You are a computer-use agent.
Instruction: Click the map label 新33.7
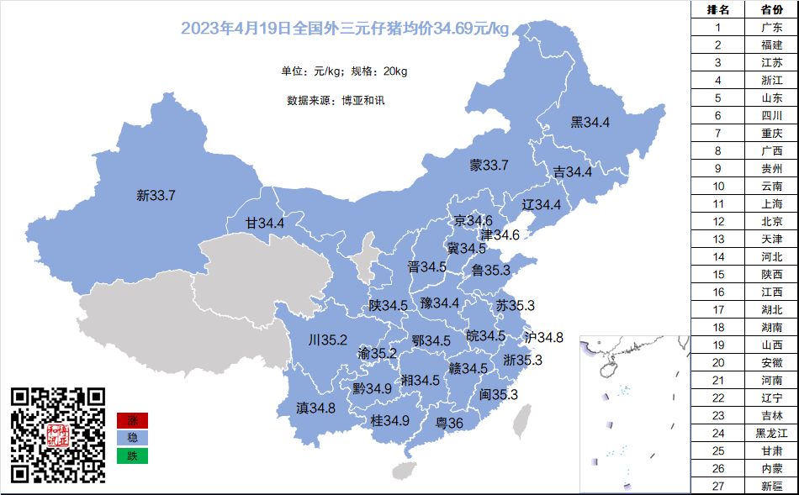[156, 196]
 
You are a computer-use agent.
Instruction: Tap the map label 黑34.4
[590, 123]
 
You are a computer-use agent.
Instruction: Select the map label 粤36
[448, 423]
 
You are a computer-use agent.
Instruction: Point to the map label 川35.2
[327, 340]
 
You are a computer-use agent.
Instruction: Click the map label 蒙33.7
[489, 166]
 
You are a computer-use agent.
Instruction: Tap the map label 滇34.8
[315, 408]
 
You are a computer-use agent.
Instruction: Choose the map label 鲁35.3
[491, 271]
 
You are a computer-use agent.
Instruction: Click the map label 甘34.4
[265, 224]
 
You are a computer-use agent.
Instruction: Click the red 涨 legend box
[132, 420]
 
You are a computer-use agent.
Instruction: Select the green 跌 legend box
[132, 456]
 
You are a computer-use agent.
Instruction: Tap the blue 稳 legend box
[132, 438]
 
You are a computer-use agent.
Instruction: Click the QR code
[59, 434]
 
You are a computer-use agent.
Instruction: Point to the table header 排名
[718, 9]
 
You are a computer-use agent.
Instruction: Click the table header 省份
[771, 9]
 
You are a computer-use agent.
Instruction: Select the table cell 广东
[771, 27]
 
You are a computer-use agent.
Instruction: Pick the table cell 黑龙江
[771, 433]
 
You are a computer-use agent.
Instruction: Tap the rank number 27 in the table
[718, 486]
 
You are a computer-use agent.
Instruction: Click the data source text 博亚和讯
[362, 100]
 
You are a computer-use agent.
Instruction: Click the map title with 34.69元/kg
[345, 29]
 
